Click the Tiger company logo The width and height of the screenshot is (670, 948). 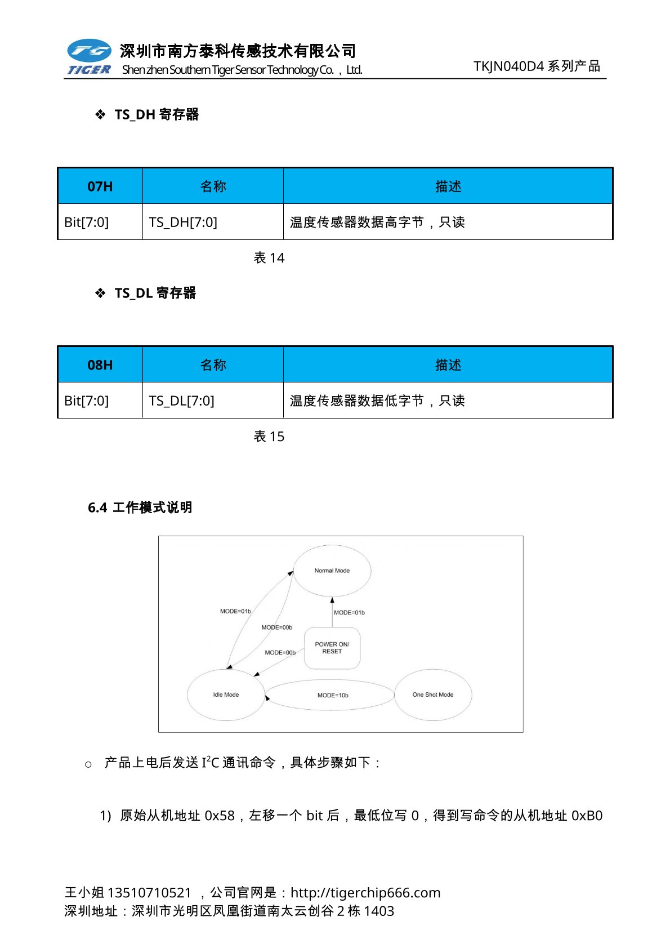click(x=89, y=57)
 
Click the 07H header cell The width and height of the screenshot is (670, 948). click(x=100, y=186)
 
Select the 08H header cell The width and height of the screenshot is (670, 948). click(x=100, y=365)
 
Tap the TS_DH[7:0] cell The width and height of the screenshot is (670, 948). click(x=183, y=222)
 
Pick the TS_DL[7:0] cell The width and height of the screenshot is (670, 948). click(x=181, y=401)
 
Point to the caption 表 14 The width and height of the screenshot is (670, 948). click(x=269, y=258)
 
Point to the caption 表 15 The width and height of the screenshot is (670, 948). click(x=269, y=437)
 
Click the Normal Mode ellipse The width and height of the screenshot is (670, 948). click(x=332, y=571)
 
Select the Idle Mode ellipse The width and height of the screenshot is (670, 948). click(x=226, y=695)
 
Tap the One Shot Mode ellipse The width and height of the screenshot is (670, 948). click(x=432, y=695)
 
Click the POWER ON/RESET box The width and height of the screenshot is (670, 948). click(x=332, y=648)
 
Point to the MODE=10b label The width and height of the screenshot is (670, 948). click(x=333, y=696)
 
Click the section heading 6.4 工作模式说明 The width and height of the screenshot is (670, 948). click(x=140, y=508)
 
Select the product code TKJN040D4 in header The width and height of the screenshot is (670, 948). click(x=509, y=66)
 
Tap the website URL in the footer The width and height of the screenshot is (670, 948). click(x=365, y=893)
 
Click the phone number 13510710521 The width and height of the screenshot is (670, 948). click(x=149, y=893)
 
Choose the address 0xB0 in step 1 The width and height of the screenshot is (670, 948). click(x=587, y=816)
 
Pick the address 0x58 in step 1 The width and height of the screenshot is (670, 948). click(x=220, y=816)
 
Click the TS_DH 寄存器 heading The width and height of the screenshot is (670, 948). click(x=157, y=115)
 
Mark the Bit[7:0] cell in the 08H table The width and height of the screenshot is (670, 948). click(x=87, y=401)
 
